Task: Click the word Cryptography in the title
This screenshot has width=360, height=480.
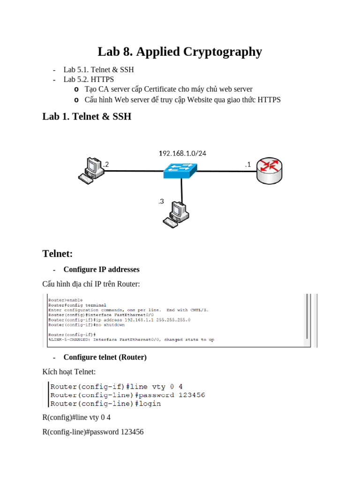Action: (222, 52)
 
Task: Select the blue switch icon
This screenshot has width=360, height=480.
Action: (180, 170)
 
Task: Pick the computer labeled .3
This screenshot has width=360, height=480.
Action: (175, 214)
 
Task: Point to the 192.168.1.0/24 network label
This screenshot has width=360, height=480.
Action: (182, 153)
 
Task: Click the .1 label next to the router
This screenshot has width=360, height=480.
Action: (247, 165)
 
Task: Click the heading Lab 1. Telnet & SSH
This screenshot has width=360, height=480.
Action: (87, 117)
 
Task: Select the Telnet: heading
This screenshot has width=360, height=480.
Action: (57, 254)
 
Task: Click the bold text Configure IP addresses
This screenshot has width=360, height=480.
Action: (101, 270)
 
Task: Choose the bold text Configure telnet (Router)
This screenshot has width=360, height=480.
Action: (105, 357)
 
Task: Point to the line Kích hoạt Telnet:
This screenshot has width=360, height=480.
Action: (69, 372)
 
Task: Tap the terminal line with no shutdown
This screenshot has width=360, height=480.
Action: (86, 325)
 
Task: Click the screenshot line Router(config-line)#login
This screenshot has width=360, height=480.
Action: (105, 403)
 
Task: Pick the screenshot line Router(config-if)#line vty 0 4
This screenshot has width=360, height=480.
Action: (116, 387)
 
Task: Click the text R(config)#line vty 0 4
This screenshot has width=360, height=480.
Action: (76, 417)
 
